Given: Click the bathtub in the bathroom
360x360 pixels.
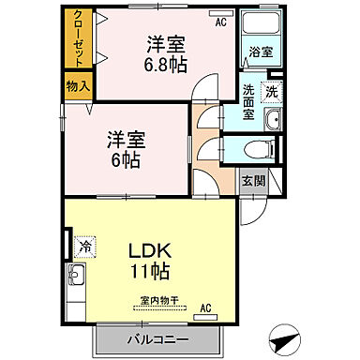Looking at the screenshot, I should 257,25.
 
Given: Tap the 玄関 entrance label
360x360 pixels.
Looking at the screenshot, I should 251,180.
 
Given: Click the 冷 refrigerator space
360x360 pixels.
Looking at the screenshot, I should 84,246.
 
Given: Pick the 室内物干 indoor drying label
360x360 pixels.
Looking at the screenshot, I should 157,302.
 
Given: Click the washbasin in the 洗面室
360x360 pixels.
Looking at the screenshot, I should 271,119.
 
